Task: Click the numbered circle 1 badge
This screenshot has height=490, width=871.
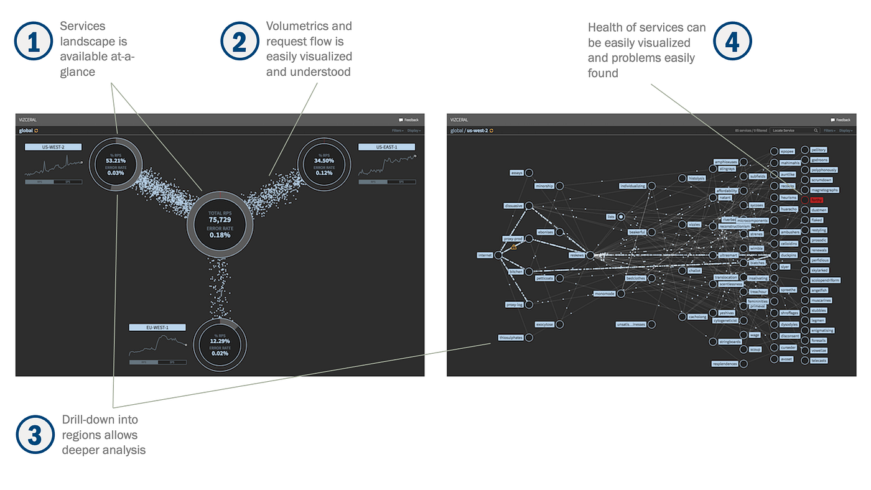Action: click(x=33, y=41)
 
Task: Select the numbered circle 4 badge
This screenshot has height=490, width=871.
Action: click(x=732, y=41)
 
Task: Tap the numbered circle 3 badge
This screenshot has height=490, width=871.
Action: click(x=35, y=435)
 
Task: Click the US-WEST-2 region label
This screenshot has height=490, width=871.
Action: click(x=54, y=147)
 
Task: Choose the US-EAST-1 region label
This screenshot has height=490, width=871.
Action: click(x=386, y=147)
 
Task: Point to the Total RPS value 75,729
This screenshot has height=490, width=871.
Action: click(x=220, y=220)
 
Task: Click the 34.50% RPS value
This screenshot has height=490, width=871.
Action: click(x=324, y=160)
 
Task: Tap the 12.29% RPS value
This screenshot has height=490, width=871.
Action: click(x=220, y=341)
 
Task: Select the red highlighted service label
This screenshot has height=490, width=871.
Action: click(x=816, y=200)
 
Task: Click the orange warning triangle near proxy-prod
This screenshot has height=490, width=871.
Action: click(x=514, y=247)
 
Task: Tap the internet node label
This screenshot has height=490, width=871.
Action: click(x=485, y=255)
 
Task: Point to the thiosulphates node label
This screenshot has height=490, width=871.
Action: click(x=511, y=338)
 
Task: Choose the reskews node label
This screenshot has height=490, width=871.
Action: click(x=577, y=255)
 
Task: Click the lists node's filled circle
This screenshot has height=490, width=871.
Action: click(x=621, y=216)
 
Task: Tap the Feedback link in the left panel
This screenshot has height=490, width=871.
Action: click(x=409, y=119)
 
